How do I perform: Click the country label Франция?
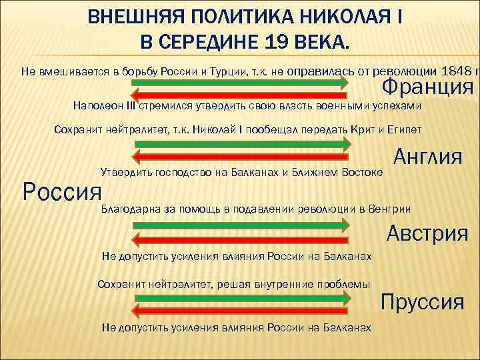(427, 87)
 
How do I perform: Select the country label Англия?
(428, 157)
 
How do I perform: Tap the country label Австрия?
(427, 234)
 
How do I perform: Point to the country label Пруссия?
(422, 302)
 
